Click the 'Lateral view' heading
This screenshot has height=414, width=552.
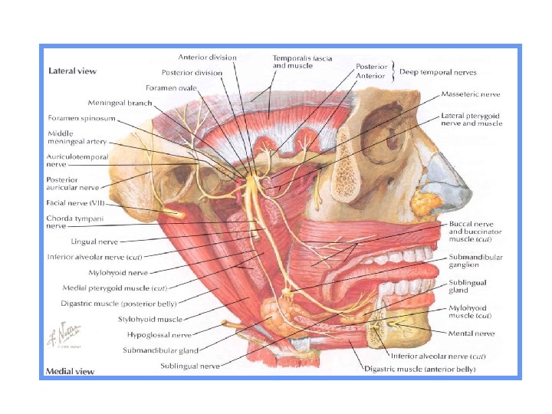point(72,71)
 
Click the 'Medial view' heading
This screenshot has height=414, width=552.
point(71,371)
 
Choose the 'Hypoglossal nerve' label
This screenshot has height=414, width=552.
point(160,335)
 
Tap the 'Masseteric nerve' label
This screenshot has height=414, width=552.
point(471,94)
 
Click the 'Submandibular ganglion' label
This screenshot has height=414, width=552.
point(475,260)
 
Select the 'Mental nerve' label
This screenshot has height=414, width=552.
point(473,333)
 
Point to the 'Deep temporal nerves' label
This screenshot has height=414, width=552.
point(438,73)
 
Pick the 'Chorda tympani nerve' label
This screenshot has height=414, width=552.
point(73,222)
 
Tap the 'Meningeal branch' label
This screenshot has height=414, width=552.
point(120,103)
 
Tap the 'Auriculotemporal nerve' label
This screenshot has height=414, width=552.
point(77,160)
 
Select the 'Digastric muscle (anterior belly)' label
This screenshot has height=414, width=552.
point(419,370)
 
